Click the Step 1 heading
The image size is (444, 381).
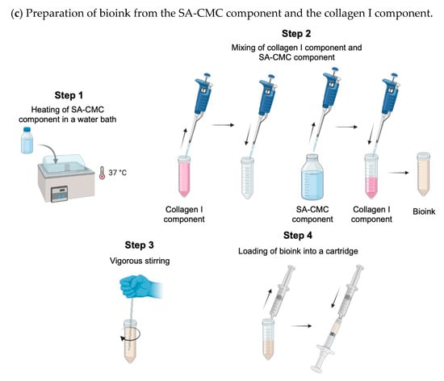pos(69,95)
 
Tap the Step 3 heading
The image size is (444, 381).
pos(140,245)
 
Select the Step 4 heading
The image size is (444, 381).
pos(298,236)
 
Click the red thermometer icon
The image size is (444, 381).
pos(102,173)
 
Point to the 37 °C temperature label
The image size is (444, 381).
pos(117,173)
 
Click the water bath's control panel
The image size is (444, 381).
pos(59,194)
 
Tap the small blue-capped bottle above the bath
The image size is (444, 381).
pos(27,140)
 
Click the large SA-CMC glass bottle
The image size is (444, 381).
pos(312,178)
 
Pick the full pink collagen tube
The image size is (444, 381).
pos(184,176)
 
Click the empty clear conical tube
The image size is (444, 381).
pos(247,178)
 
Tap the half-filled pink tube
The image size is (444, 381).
pos(371,176)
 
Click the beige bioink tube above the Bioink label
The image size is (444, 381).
pos(424,174)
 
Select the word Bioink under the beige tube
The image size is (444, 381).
pos(424,211)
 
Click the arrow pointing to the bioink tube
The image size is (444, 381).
pos(399,173)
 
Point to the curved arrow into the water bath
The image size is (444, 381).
pos(51,150)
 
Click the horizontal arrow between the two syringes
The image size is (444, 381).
pos(301,326)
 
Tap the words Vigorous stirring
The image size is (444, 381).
pos(140,261)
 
